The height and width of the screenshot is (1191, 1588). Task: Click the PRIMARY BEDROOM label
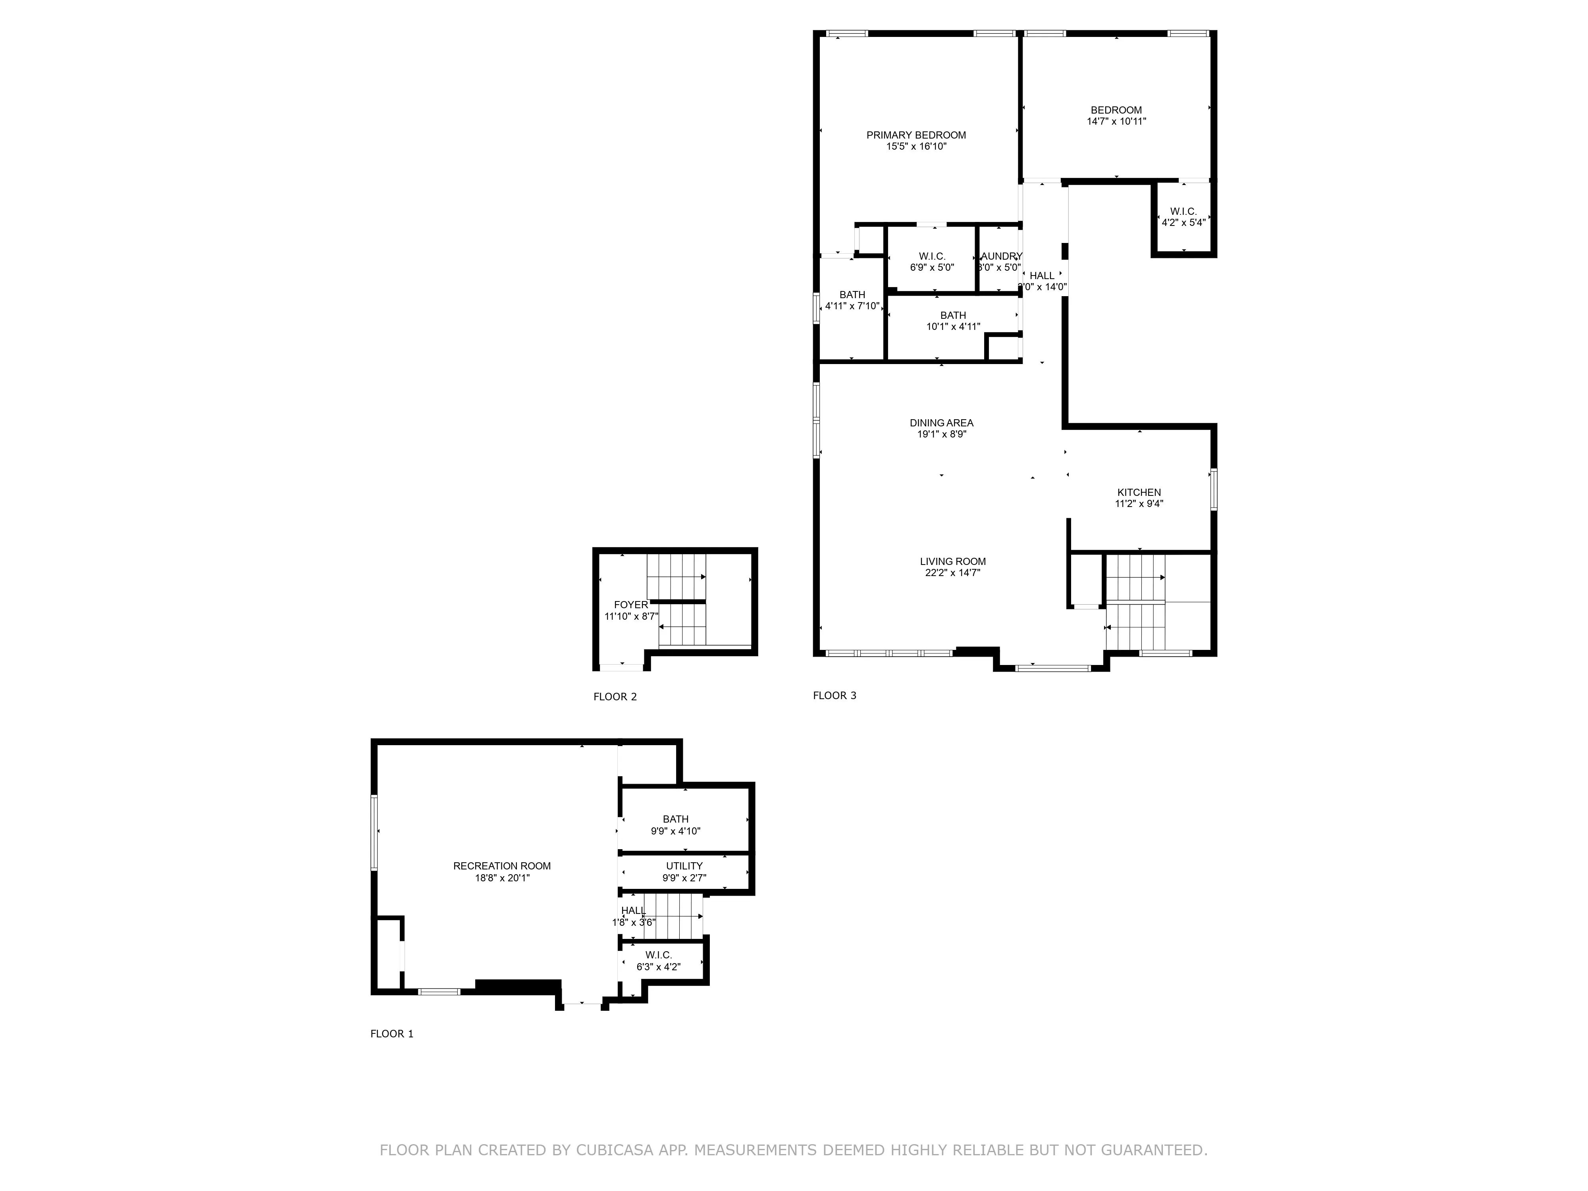916,135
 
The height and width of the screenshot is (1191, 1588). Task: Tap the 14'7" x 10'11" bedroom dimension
1116,121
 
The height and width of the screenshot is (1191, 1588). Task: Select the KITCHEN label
1139,493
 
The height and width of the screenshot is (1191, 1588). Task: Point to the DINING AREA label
941,423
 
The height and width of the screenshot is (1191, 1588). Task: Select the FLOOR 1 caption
392,1034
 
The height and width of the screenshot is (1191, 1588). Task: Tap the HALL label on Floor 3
1042,276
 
